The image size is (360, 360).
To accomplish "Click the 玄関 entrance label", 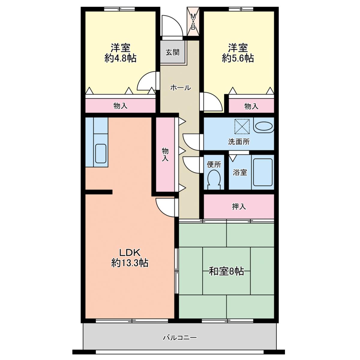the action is click(172, 52).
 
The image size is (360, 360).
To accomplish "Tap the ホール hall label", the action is click(181, 87).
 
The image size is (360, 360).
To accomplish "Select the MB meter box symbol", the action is click(193, 22).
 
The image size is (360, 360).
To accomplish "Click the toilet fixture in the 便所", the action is click(214, 179).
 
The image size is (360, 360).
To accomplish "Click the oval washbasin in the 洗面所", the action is click(264, 127).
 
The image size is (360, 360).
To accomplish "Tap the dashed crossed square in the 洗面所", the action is click(242, 127).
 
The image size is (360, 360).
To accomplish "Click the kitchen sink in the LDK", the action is click(101, 154).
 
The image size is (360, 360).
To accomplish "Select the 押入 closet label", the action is click(238, 207).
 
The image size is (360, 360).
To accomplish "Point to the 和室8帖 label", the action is click(226, 271).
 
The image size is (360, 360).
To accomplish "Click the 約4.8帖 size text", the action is click(121, 58).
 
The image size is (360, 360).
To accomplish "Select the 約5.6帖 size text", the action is click(238, 58).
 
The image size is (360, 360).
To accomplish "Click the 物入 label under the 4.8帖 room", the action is click(121, 106).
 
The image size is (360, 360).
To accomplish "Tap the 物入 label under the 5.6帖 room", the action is click(251, 106).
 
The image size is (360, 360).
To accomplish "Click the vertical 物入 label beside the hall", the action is click(165, 154).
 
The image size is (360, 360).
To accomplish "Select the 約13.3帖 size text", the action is click(130, 263).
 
